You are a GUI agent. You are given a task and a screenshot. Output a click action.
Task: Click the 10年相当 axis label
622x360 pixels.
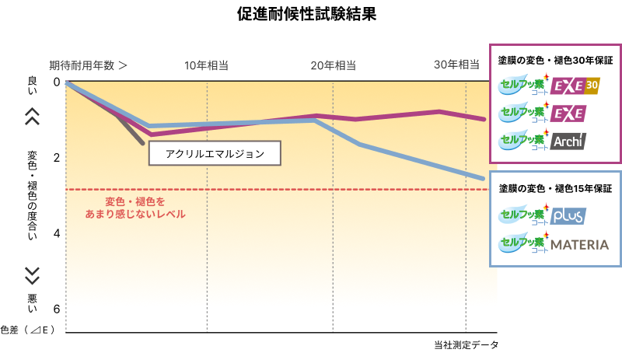coord(206,65)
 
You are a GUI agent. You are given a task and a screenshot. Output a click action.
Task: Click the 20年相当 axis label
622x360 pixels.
coord(334,65)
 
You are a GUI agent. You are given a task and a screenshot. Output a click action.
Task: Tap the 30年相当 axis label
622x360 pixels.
coord(456,65)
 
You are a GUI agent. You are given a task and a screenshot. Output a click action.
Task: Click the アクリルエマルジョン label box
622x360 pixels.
coord(215,154)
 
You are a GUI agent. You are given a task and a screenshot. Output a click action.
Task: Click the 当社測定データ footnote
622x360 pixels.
coord(465,344)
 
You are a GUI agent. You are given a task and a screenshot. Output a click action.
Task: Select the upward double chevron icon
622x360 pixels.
coord(32,116)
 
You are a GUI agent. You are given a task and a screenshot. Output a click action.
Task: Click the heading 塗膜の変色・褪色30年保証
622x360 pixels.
coord(555,59)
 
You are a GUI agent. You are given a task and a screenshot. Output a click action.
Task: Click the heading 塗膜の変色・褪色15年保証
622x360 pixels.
coord(555,188)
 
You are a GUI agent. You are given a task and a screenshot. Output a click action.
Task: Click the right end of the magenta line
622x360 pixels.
coord(484,119)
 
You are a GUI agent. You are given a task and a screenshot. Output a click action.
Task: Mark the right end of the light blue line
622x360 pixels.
coord(483,178)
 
